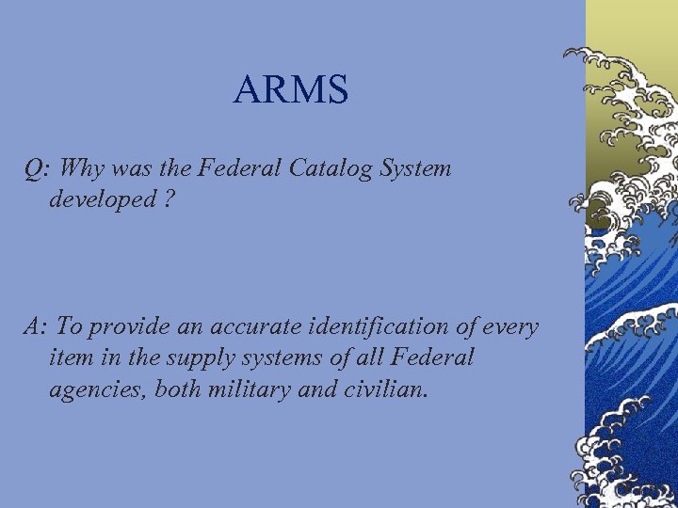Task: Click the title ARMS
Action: pos(291,90)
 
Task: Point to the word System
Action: pos(416,170)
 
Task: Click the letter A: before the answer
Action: pos(37,327)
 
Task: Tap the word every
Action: pos(512,328)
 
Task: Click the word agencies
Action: pos(97,389)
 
